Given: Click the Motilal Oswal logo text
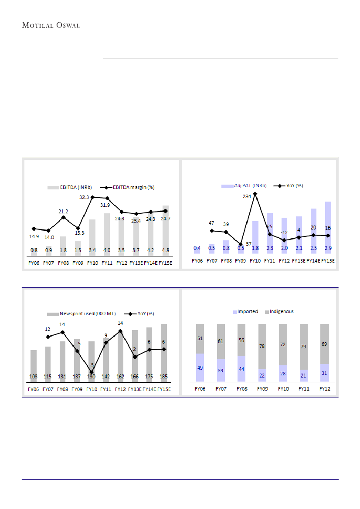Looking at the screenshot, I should click(51, 25).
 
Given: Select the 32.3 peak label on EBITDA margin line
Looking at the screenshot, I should click(84, 197).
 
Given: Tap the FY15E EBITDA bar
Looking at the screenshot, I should click(166, 230).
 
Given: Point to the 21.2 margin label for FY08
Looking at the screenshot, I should click(64, 211).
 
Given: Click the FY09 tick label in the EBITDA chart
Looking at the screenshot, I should click(78, 263).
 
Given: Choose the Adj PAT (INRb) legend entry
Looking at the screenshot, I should click(244, 185).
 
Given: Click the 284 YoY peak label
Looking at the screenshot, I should click(247, 196).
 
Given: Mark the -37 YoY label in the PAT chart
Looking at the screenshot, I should click(248, 244).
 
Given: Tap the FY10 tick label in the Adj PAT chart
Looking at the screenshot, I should click(255, 261).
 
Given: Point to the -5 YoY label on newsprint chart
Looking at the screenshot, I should click(92, 365).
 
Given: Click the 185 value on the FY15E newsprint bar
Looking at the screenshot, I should click(164, 376).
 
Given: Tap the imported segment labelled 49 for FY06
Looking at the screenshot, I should click(200, 367).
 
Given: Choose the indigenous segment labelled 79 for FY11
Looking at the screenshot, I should click(304, 347).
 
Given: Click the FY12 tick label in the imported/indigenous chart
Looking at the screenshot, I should click(324, 389).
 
